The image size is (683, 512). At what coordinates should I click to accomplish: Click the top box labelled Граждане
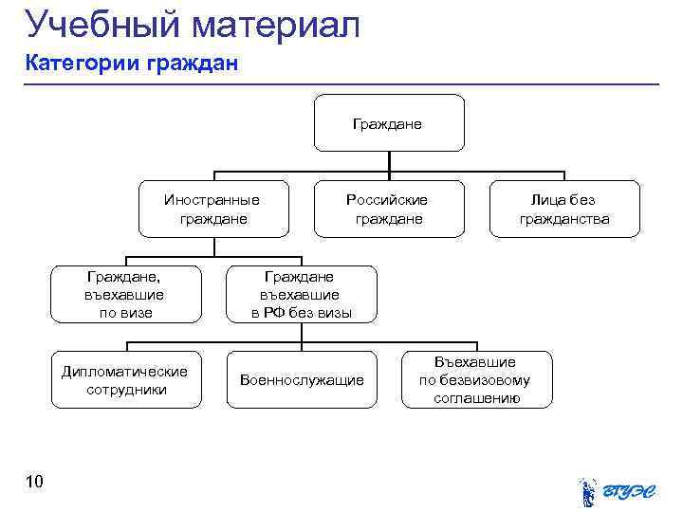click(x=389, y=123)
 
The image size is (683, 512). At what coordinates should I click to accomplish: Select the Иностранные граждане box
click(x=213, y=209)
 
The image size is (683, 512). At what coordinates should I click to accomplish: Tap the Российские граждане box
click(x=389, y=209)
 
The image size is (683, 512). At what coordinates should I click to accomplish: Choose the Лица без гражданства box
click(x=564, y=209)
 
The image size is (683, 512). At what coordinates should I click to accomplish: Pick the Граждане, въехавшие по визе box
click(x=125, y=294)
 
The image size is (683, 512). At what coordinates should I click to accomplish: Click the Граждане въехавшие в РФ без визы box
click(x=301, y=294)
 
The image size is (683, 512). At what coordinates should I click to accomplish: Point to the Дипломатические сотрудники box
click(x=125, y=380)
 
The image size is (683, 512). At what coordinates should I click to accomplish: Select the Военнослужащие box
click(x=302, y=380)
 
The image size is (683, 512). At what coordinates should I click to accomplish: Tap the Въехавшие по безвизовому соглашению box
click(x=475, y=380)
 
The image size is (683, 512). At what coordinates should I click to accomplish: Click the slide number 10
click(x=34, y=484)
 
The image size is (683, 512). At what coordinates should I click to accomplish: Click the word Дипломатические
click(x=125, y=372)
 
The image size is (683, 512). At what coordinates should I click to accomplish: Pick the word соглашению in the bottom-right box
click(x=476, y=398)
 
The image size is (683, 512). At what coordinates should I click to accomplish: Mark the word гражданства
click(x=564, y=219)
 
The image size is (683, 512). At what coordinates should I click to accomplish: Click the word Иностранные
click(x=212, y=200)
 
